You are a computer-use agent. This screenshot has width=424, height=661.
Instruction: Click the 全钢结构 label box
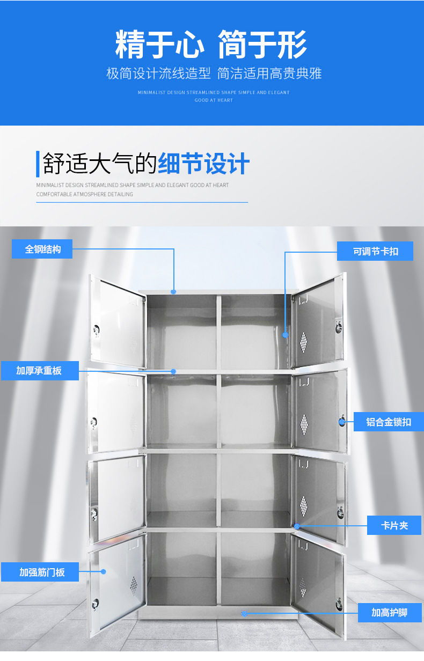(42, 249)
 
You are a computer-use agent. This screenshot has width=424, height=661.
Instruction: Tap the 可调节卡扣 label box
(375, 251)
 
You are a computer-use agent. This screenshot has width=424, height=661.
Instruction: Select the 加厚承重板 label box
(39, 371)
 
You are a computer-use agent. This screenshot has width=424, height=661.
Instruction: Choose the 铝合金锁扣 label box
(389, 422)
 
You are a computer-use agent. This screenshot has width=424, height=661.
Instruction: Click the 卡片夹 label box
(394, 525)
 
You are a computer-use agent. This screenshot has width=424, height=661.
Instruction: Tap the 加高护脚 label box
(389, 612)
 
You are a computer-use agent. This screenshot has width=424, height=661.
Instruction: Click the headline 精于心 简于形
(211, 45)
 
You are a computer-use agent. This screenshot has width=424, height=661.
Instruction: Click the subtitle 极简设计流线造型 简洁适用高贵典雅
(214, 74)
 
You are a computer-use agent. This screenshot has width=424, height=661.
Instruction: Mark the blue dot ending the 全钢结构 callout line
(173, 292)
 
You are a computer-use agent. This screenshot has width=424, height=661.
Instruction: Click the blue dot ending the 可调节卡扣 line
(286, 335)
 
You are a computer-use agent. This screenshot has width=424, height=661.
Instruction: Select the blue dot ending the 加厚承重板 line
(173, 371)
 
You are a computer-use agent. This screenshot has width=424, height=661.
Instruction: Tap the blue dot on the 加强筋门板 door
(104, 571)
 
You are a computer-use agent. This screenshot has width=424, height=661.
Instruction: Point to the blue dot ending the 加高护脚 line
(245, 613)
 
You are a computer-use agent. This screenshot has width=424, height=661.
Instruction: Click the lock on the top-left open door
(97, 329)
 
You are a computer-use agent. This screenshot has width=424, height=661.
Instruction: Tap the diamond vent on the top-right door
(304, 339)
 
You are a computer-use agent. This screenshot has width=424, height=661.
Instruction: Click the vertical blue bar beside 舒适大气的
(38, 164)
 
